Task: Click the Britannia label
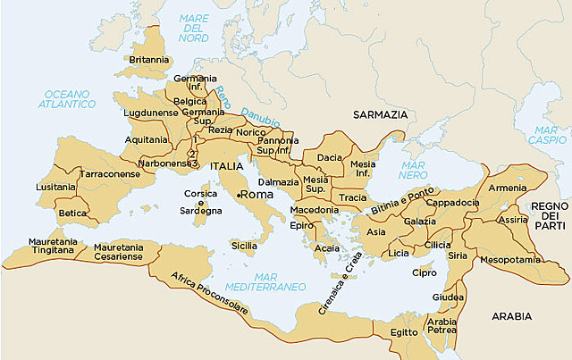[148, 60]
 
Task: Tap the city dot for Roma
[239, 194]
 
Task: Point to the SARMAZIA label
[380, 115]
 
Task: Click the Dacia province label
[329, 158]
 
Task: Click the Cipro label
[424, 272]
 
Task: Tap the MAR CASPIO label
[547, 134]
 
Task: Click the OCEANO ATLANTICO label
[67, 98]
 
